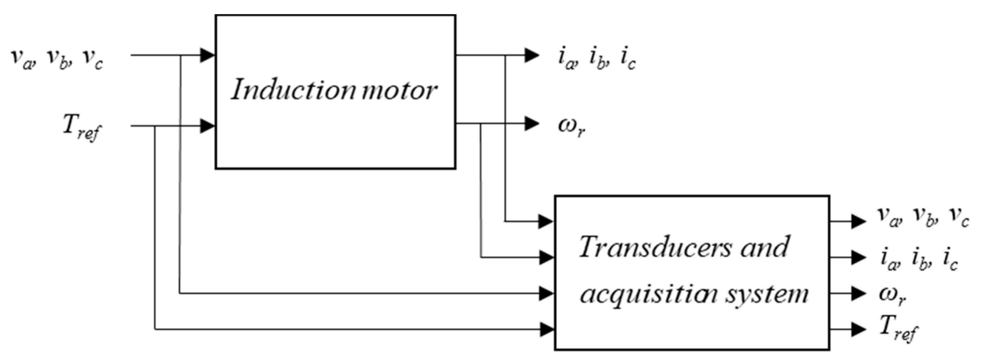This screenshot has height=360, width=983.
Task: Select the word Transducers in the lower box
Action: pyautogui.click(x=655, y=247)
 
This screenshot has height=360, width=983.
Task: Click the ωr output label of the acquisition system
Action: pyautogui.click(x=892, y=295)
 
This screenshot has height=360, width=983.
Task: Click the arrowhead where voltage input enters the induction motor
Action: pyautogui.click(x=208, y=55)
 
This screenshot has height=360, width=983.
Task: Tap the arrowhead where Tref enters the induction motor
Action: pyautogui.click(x=208, y=126)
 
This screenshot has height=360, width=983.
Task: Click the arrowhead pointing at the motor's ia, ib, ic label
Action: pyautogui.click(x=531, y=55)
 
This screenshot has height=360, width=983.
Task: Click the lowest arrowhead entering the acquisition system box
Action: pyautogui.click(x=547, y=329)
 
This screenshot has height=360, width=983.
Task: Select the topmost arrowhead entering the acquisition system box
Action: pyautogui.click(x=546, y=221)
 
